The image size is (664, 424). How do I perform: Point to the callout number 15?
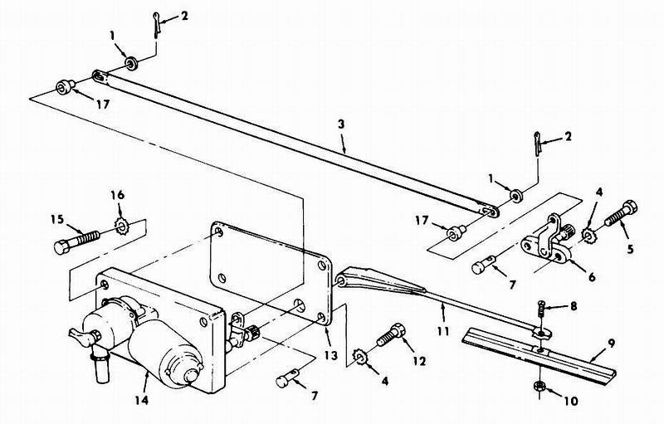pyautogui.click(x=56, y=219)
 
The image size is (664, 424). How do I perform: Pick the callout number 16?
pyautogui.click(x=116, y=194)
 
